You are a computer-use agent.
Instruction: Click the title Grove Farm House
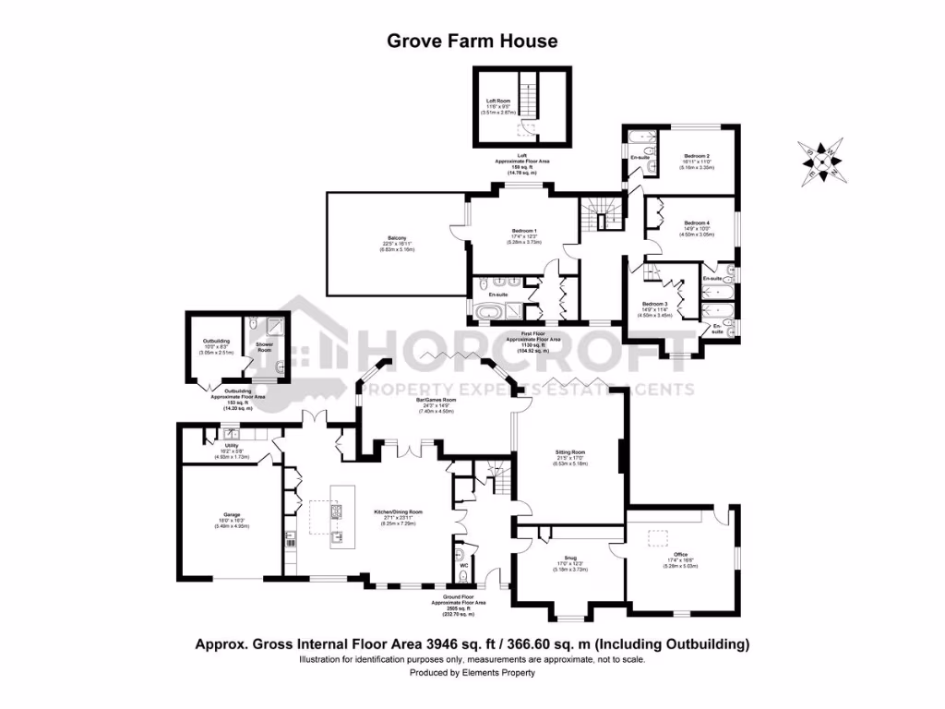click(472, 41)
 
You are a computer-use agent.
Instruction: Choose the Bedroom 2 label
click(697, 156)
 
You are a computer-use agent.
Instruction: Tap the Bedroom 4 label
click(697, 223)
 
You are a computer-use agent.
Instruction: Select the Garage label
click(231, 515)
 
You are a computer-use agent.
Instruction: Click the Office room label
click(681, 554)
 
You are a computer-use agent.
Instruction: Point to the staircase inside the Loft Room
click(530, 95)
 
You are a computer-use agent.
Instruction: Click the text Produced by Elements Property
click(472, 673)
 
